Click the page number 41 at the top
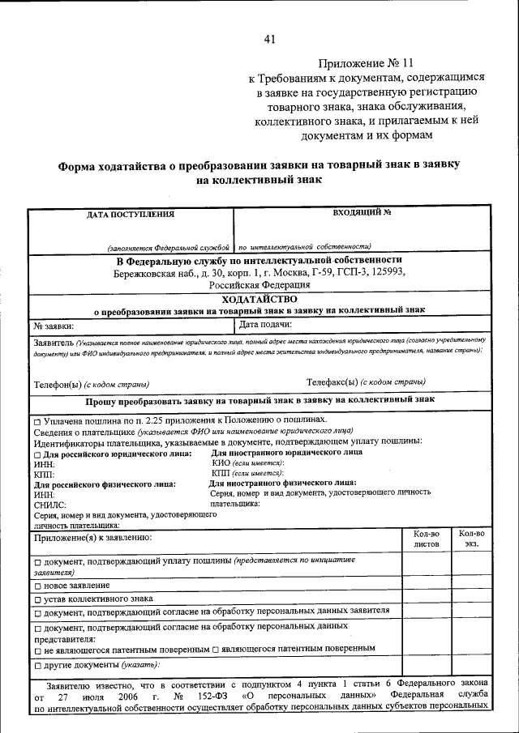(x=270, y=39)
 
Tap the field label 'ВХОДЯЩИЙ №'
(x=362, y=212)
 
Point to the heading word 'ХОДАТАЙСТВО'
(x=259, y=298)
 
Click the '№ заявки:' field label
(x=54, y=326)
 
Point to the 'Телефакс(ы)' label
(x=332, y=381)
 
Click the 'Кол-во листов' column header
(x=426, y=539)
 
